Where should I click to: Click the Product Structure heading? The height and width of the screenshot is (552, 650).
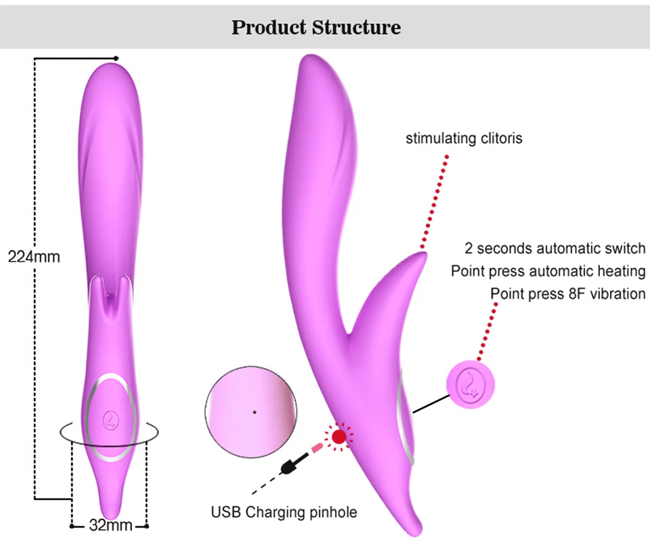pyautogui.click(x=316, y=28)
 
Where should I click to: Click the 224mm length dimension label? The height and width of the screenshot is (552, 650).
pyautogui.click(x=34, y=257)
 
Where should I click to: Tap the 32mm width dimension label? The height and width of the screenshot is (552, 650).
pyautogui.click(x=108, y=525)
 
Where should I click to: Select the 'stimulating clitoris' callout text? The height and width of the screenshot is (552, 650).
pyautogui.click(x=464, y=139)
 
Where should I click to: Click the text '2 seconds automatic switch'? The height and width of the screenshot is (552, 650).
pyautogui.click(x=555, y=248)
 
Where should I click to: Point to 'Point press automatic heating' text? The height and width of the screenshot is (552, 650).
pyautogui.click(x=548, y=271)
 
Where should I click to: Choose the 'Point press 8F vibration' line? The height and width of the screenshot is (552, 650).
pyautogui.click(x=568, y=294)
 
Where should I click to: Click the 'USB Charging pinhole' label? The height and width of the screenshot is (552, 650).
pyautogui.click(x=284, y=512)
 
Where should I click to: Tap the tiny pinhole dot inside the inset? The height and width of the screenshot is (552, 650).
pyautogui.click(x=255, y=411)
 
